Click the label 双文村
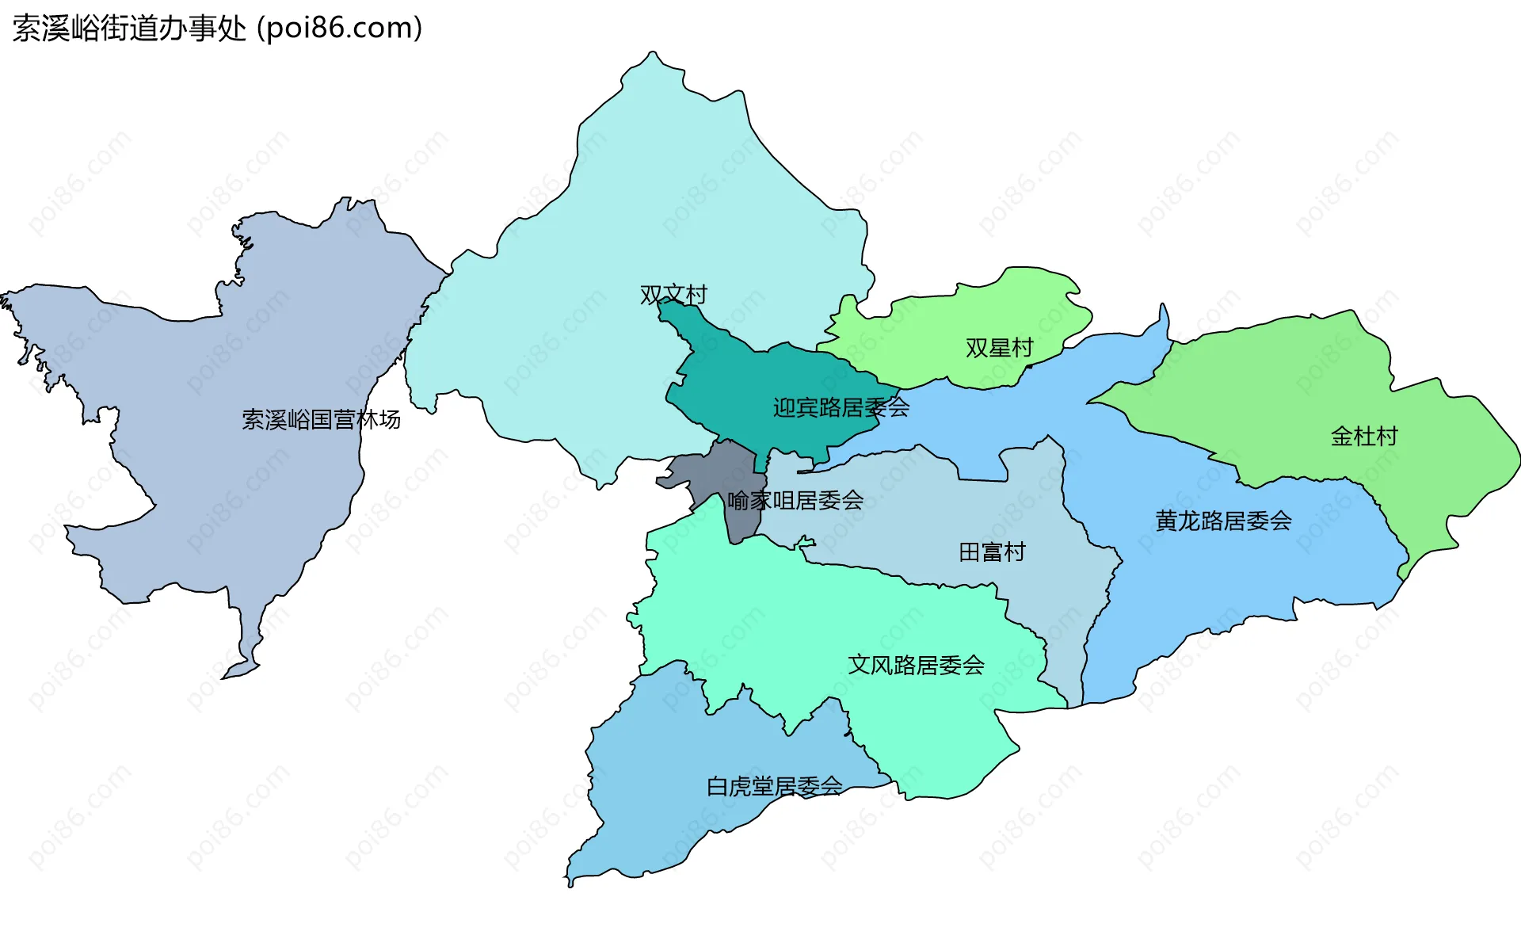(673, 295)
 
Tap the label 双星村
(999, 348)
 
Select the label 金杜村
(1364, 437)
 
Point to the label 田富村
(992, 552)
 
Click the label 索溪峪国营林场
(321, 420)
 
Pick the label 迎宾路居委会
(841, 408)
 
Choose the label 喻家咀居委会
(795, 501)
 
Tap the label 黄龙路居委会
(1223, 521)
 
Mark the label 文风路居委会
(916, 666)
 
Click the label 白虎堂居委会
(774, 787)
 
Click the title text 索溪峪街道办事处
(130, 29)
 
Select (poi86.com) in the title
(340, 29)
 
